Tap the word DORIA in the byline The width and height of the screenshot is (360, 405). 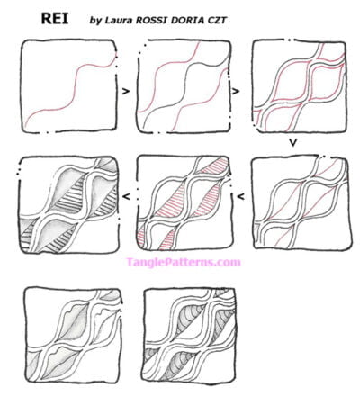(x=206, y=19)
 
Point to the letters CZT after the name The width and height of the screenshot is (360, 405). (x=241, y=19)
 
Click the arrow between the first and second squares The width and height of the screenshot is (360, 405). (x=124, y=90)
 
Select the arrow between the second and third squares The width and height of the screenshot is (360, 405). (x=237, y=90)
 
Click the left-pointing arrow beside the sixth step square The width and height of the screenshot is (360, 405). (x=125, y=193)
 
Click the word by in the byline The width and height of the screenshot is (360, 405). (x=95, y=19)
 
